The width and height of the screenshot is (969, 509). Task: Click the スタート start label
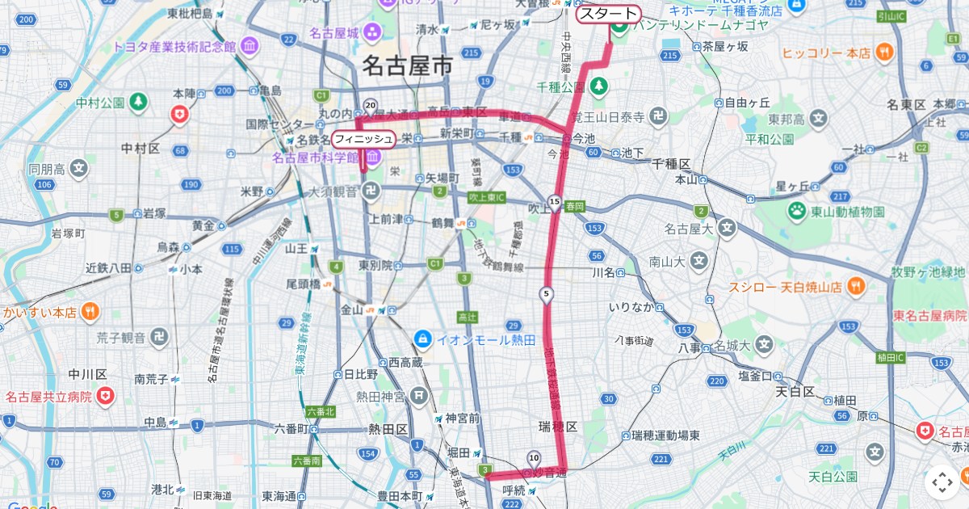coord(607,14)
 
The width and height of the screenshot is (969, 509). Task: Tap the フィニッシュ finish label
coord(363,139)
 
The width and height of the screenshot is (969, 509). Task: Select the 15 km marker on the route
coord(554,201)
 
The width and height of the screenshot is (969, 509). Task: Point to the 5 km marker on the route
coord(547,294)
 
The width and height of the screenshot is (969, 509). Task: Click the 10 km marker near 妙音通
coord(533,457)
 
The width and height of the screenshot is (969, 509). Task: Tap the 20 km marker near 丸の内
coord(371,106)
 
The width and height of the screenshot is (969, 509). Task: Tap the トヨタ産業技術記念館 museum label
coord(174,46)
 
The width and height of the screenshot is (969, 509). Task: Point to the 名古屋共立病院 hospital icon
coord(106,397)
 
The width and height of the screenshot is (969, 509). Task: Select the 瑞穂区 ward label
coord(558,426)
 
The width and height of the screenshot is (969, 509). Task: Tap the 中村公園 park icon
coord(139,102)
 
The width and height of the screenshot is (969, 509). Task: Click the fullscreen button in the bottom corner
coord(942,483)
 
